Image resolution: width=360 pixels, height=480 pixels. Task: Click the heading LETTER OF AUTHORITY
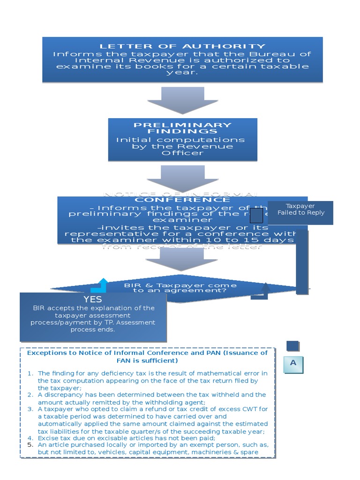182,46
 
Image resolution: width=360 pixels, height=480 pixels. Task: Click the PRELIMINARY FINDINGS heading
182,128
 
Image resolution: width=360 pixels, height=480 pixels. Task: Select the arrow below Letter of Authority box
182,100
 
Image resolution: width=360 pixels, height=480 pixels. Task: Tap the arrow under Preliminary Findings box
182,179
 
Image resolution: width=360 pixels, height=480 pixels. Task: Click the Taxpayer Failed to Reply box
300,209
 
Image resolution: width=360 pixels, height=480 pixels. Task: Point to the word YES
93,299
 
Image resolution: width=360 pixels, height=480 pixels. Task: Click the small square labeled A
293,363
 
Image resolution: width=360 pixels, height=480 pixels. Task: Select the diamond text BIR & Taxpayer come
180,285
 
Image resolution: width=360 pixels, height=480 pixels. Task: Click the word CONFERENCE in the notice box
182,200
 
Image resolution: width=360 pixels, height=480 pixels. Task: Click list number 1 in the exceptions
30,373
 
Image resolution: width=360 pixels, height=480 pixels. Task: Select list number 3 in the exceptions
30,409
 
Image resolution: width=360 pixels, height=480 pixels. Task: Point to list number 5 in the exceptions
30,444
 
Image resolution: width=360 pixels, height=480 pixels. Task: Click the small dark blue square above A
292,346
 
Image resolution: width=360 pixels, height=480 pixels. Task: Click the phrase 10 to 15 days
254,240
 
